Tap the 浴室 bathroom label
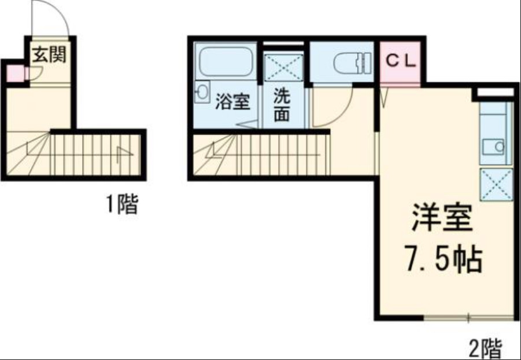tap(233, 102)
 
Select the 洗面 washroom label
tap(282, 105)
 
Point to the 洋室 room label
tap(442, 219)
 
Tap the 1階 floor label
tap(121, 204)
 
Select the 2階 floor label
tap(485, 348)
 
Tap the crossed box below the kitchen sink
tap(496, 184)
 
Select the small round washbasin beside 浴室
tap(202, 92)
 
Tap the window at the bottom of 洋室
tap(468, 317)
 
